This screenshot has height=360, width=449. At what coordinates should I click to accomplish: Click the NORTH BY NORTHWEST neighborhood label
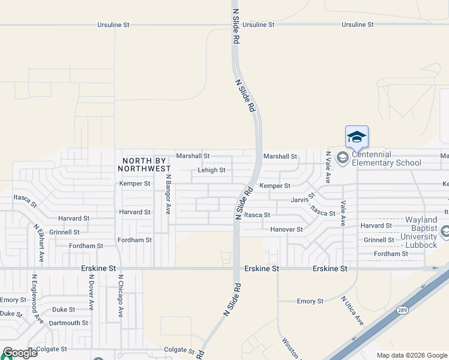pos(146,164)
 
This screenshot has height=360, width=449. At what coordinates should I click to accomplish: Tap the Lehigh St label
pos(211,170)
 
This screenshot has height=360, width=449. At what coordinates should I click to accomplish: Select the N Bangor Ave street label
pos(169,194)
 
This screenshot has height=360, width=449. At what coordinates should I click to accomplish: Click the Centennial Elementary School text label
pos(387,158)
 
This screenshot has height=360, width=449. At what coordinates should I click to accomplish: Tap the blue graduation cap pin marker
pos(357,137)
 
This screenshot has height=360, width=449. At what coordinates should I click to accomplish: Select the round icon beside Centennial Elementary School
pos(343,158)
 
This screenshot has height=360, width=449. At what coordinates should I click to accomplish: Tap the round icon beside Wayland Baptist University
pos(445,231)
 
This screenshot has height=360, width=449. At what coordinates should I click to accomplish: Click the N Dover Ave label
pos(91,293)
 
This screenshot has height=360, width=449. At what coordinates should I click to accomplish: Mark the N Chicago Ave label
pos(121,296)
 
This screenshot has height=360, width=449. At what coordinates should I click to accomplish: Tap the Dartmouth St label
pos(68,323)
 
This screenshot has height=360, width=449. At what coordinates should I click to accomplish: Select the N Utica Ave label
pos(352,311)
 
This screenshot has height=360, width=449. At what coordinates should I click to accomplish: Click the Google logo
pos(20,353)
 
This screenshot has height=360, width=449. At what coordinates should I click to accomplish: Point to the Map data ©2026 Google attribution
pos(412,355)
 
